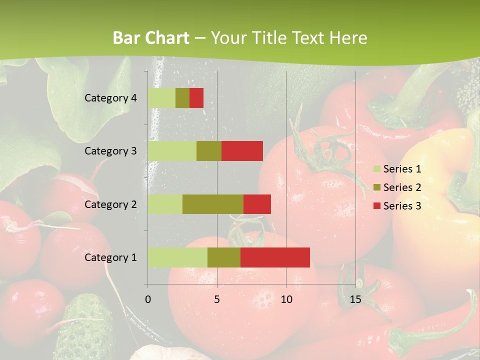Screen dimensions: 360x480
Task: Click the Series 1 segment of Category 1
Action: point(177,257)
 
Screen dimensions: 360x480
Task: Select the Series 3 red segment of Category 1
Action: point(275,257)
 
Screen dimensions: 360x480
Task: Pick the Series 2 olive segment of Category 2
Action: point(213,204)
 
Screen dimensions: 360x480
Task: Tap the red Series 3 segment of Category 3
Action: point(242,151)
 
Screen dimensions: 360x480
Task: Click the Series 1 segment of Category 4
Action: point(161,98)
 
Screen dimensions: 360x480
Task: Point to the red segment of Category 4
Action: point(196,98)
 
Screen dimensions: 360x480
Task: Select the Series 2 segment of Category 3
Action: point(209,151)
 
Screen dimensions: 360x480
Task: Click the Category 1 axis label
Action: point(110,257)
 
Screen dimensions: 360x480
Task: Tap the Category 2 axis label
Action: point(110,204)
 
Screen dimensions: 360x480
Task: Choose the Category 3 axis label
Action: point(110,151)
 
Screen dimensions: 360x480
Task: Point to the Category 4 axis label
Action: point(110,98)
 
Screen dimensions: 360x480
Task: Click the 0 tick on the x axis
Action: point(148,299)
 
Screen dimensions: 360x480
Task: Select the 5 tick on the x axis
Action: point(217,299)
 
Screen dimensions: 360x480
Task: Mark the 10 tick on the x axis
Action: point(286,299)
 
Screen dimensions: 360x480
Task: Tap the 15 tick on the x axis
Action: point(355,299)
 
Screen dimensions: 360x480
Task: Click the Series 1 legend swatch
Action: point(376,169)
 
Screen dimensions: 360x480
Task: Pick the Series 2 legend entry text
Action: point(402,187)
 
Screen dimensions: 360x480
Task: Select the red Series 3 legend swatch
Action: point(376,205)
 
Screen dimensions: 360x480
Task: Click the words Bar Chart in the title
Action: point(151,38)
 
